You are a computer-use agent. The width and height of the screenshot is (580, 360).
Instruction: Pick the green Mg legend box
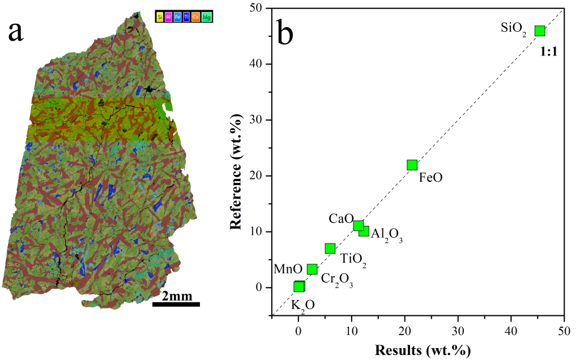point(207,17)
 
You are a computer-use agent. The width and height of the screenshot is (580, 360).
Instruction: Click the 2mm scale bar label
point(176,296)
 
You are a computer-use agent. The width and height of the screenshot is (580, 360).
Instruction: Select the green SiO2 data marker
point(540,31)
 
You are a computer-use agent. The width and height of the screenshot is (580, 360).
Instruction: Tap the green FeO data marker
point(412,165)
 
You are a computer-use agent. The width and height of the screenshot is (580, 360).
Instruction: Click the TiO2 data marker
point(330,248)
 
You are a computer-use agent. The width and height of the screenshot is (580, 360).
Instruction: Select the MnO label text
point(284,268)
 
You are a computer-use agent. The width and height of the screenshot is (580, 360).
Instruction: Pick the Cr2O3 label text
point(337,280)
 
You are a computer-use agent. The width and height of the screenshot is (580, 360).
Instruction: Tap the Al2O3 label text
point(387,235)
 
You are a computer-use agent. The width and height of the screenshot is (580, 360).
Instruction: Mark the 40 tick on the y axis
point(259,64)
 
